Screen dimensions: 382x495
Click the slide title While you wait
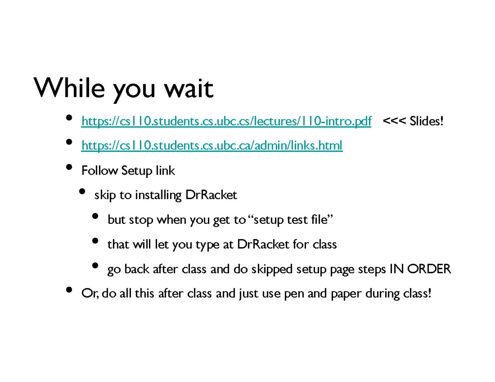pos(124,89)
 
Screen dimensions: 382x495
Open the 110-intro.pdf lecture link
pos(226,121)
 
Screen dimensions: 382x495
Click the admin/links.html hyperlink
pos(212,145)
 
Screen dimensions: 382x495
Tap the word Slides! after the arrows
pos(427,121)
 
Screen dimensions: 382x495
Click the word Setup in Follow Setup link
pos(137,170)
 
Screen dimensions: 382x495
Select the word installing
pos(158,195)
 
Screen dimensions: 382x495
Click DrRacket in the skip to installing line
pos(212,195)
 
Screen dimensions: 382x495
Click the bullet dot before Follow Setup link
pos(69,167)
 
